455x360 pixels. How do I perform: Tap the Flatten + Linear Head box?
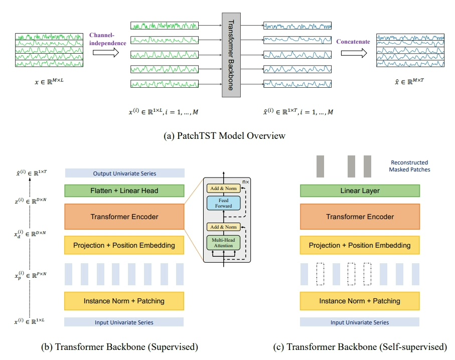[x=124, y=191]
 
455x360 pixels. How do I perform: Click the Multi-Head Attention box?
[x=223, y=243]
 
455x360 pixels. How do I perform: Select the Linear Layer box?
[x=359, y=191]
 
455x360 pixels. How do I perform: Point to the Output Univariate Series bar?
[x=124, y=173]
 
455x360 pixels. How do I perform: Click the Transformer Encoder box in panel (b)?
[x=124, y=217]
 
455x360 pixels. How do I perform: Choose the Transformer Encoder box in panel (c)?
[x=359, y=217]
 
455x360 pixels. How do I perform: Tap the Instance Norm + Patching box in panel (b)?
[x=124, y=301]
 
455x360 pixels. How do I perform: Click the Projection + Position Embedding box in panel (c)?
[x=359, y=245]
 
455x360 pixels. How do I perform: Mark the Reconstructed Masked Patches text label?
[x=408, y=166]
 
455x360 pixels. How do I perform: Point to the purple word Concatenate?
[x=353, y=42]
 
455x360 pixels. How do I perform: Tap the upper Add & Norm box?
[x=223, y=188]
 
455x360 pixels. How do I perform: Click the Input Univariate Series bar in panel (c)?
[x=359, y=322]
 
